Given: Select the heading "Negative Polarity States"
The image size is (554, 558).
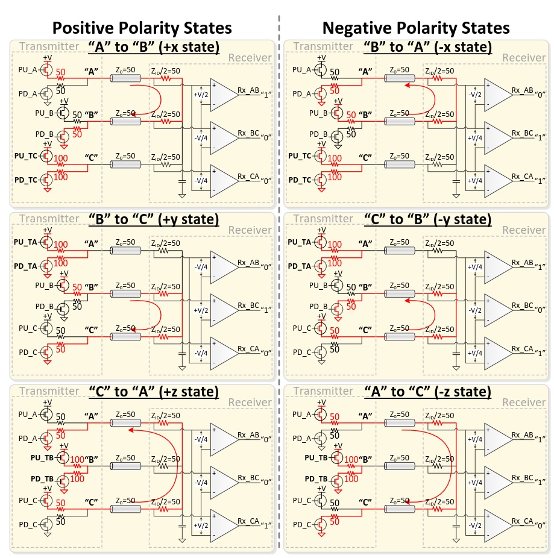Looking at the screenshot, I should pyautogui.click(x=416, y=28).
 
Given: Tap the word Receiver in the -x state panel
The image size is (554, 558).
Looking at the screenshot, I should pyautogui.click(x=523, y=58).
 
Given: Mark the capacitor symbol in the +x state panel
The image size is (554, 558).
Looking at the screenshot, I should pyautogui.click(x=182, y=179).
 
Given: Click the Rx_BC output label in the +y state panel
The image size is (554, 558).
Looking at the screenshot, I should pyautogui.click(x=248, y=305).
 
